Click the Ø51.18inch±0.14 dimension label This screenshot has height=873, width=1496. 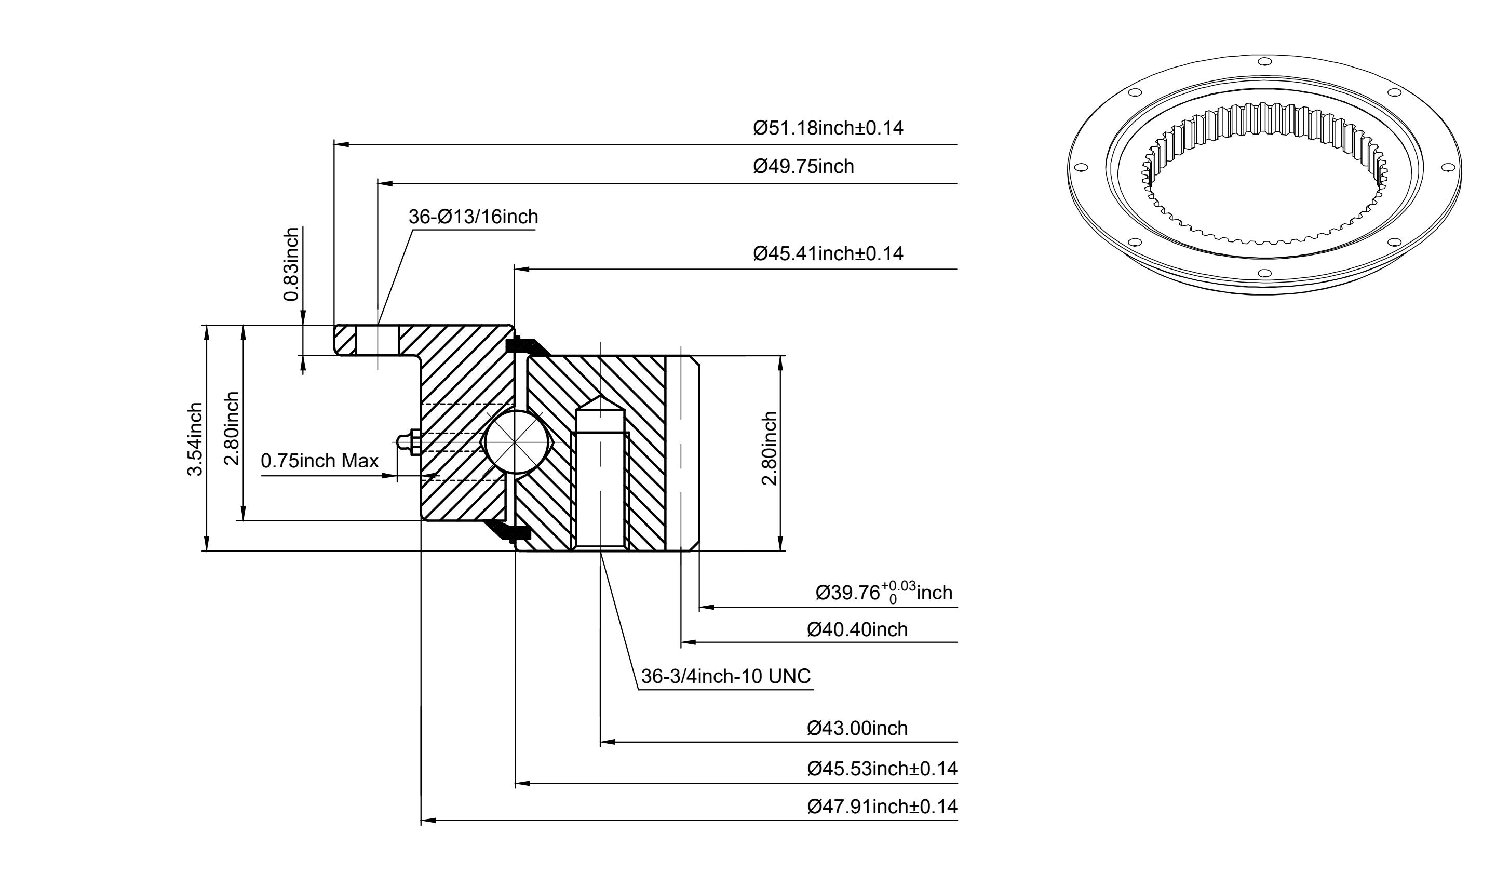tap(828, 128)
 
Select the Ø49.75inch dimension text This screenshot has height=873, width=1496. tap(803, 166)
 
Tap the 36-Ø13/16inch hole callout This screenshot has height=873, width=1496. tap(473, 217)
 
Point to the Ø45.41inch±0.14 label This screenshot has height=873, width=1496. tap(828, 253)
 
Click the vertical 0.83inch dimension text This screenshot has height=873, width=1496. tap(291, 264)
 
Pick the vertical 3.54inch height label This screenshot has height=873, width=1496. tap(195, 439)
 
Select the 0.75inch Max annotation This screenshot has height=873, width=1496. tap(319, 461)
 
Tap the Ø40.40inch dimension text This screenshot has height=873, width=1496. tap(857, 629)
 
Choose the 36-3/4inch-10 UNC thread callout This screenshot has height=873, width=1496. tap(726, 676)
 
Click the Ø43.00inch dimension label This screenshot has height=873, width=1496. tap(857, 728)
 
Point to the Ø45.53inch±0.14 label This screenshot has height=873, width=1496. tap(882, 769)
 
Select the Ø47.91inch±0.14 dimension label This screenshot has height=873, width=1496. tap(882, 807)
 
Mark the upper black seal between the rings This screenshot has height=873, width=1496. tap(528, 346)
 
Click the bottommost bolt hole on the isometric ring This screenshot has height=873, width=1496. tap(1264, 273)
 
